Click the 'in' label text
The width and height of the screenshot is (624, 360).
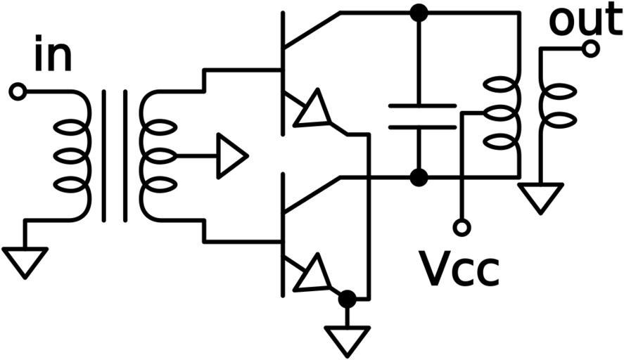53,58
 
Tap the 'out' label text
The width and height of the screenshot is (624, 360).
585,21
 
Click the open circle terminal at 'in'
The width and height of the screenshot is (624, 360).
18,91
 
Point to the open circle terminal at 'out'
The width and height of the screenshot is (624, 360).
591,49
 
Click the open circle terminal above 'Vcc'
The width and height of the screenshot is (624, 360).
461,227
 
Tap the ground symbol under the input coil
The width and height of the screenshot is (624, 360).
25,261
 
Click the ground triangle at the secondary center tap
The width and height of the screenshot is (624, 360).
231,155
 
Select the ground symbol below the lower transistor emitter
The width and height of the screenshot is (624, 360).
346,340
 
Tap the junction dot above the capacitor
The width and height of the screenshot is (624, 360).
419,13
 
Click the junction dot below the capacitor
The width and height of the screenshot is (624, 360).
419,177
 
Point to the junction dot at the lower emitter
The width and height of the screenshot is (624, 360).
346,300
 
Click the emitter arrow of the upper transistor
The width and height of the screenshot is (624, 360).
311,110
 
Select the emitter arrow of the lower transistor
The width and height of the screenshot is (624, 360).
311,274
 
